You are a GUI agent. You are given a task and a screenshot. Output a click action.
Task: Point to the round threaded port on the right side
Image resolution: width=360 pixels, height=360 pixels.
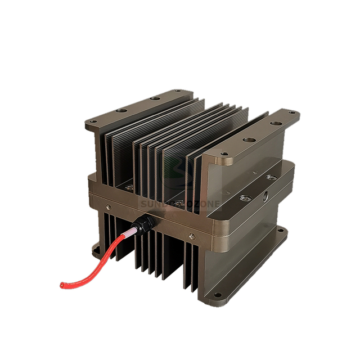(x=265, y=197)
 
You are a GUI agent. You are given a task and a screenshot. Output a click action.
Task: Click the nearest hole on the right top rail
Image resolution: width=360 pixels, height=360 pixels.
(x=225, y=154)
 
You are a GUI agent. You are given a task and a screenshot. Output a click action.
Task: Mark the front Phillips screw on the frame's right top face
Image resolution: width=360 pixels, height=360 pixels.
(x=246, y=198)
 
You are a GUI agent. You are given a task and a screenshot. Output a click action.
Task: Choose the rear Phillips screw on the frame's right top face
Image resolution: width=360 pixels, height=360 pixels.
(x=272, y=178)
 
